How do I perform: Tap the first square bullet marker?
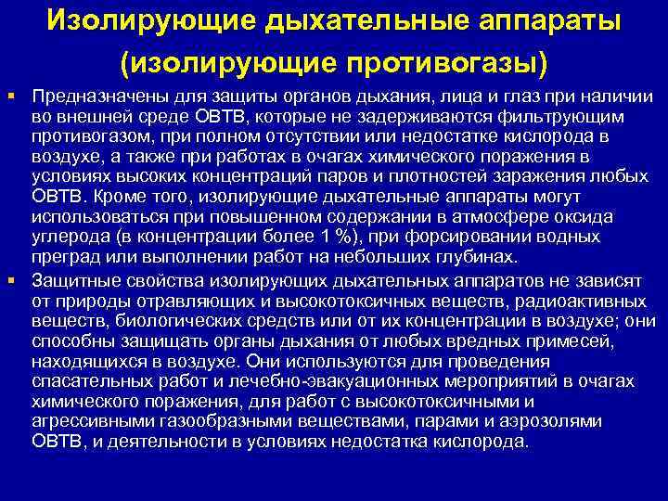[x=10, y=96]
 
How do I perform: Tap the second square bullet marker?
[x=10, y=278]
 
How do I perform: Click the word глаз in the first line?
[x=520, y=97]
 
